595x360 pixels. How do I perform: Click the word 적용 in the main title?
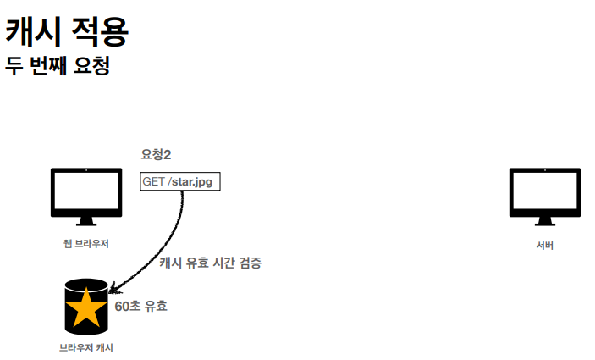(x=100, y=31)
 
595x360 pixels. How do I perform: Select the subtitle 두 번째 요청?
(x=58, y=65)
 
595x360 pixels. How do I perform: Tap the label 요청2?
(x=156, y=153)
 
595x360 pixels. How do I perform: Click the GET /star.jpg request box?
(x=179, y=181)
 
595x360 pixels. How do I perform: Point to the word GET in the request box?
(x=154, y=181)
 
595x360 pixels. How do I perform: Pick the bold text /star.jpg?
(x=190, y=181)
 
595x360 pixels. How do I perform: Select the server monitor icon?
(x=544, y=193)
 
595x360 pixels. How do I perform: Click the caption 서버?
(x=544, y=246)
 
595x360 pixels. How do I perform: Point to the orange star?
(x=86, y=307)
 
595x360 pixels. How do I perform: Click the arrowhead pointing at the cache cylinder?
(x=113, y=289)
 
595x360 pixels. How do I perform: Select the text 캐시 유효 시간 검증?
(x=211, y=263)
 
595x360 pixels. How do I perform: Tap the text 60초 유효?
(x=140, y=306)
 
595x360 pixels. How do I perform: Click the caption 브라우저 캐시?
(x=86, y=348)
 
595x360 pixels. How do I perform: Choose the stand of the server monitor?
(x=544, y=220)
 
